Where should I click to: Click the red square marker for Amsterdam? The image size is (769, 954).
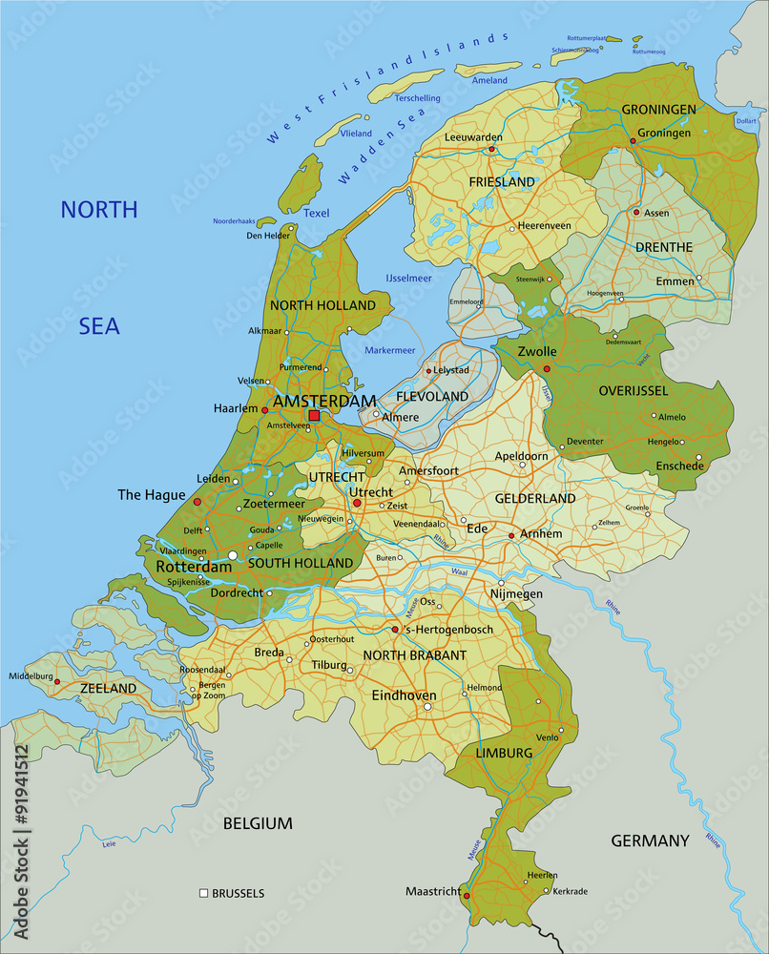click(314, 415)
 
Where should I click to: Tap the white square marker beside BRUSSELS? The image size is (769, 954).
click(203, 894)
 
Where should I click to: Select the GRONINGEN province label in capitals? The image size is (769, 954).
click(659, 110)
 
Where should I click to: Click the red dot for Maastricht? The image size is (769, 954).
click(466, 896)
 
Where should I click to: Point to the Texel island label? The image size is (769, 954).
click(316, 213)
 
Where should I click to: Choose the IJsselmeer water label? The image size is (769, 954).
click(408, 279)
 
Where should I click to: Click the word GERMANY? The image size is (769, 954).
click(650, 840)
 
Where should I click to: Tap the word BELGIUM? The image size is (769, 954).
click(258, 823)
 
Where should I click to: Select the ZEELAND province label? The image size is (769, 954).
click(108, 688)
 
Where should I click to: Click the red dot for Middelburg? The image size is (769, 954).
click(57, 682)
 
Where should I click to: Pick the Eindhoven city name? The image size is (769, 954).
click(404, 696)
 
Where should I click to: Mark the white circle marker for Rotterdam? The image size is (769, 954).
click(232, 554)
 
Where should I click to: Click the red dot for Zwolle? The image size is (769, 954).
click(547, 368)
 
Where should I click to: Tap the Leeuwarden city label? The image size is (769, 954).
click(473, 137)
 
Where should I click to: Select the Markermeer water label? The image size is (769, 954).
click(391, 350)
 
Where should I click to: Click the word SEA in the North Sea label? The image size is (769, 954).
click(99, 326)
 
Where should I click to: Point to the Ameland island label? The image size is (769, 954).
click(489, 81)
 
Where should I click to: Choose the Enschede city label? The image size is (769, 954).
click(679, 467)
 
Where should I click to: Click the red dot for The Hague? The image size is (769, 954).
click(197, 501)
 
